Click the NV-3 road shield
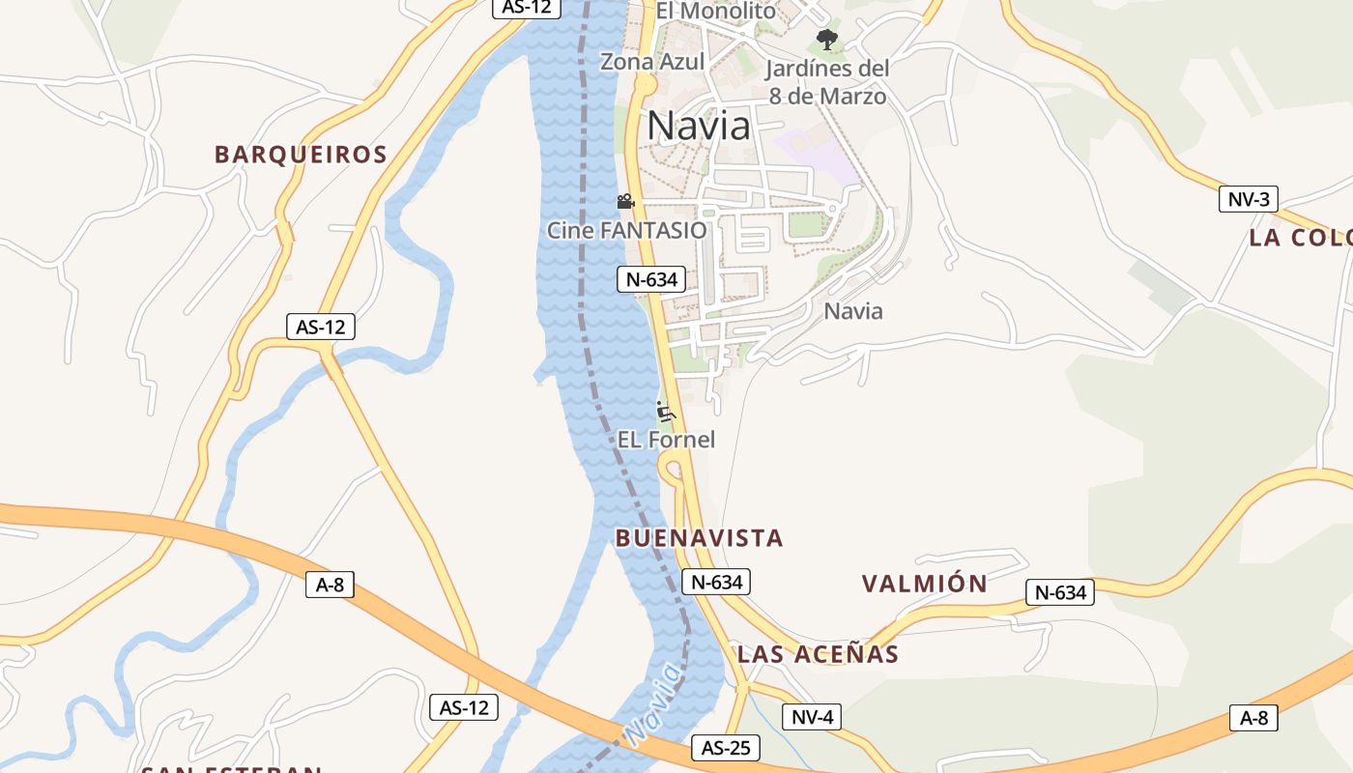click(x=1248, y=200)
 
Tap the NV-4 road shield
click(x=812, y=717)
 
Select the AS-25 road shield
click(x=725, y=748)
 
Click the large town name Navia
click(x=698, y=127)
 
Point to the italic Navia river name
click(x=652, y=704)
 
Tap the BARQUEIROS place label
click(x=301, y=155)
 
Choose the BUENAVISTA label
click(x=699, y=538)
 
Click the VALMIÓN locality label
click(x=924, y=584)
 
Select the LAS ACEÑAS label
click(x=818, y=654)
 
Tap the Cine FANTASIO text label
click(x=626, y=231)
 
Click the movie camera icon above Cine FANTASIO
click(x=625, y=202)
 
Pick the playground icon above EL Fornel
click(x=665, y=412)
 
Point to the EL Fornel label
click(x=667, y=440)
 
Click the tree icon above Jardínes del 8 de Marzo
click(x=826, y=40)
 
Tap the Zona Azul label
click(x=652, y=63)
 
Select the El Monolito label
click(x=715, y=12)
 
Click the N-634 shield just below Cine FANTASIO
click(x=650, y=280)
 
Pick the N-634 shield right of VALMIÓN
click(x=1059, y=592)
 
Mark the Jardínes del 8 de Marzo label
click(x=827, y=82)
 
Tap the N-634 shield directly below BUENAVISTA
click(x=715, y=582)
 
